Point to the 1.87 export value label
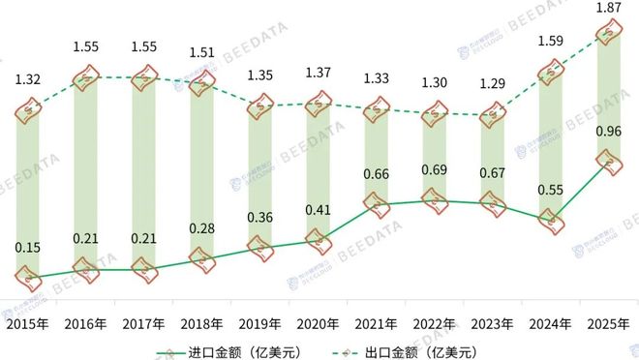pos(607,9)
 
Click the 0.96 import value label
pos(607,131)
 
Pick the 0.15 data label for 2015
pos(29,249)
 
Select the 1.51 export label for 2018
pos(201,53)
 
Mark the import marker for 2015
pos(29,276)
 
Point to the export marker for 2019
pos(259,105)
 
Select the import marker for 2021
pos(376,204)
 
